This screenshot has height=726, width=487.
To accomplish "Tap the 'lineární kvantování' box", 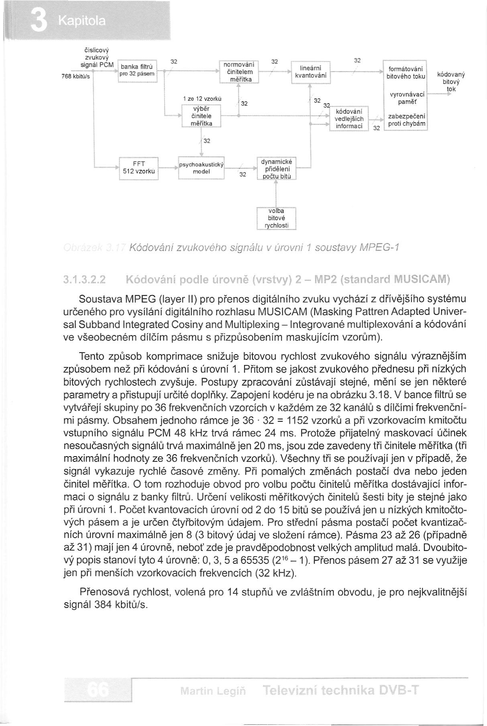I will coord(311,71).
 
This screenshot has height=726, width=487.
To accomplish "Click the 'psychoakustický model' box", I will coord(201,167).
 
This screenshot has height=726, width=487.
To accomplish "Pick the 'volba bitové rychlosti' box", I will coord(276,218).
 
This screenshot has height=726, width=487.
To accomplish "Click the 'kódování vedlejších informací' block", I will coord(348,119).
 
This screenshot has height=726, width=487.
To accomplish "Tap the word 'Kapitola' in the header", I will coord(82,21).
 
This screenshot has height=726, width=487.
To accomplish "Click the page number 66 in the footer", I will coord(98,691).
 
